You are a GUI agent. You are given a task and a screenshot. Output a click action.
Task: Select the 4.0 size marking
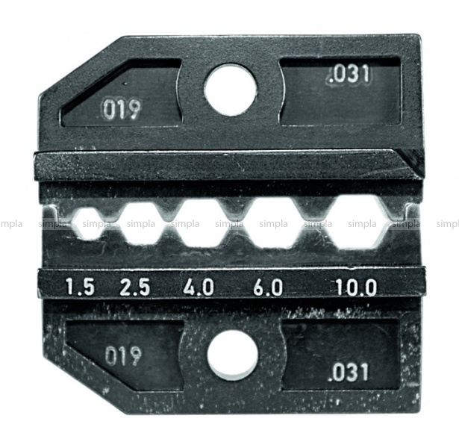pyautogui.click(x=199, y=287)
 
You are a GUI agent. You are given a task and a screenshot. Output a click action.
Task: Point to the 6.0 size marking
pyautogui.click(x=268, y=287)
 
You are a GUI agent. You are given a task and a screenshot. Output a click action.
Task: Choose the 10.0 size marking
pyautogui.click(x=355, y=287)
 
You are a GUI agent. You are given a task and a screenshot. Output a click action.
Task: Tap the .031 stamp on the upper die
pyautogui.click(x=349, y=75)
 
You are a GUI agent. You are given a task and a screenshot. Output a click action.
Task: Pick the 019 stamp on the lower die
pyautogui.click(x=123, y=355)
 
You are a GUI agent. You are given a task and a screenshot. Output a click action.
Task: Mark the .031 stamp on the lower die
pyautogui.click(x=348, y=372)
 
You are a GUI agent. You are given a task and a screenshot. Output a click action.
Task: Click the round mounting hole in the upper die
pyautogui.click(x=231, y=88)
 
